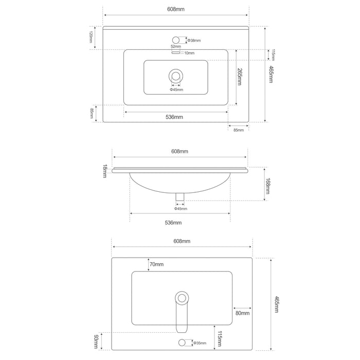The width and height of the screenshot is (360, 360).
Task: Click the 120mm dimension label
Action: pos(91,37)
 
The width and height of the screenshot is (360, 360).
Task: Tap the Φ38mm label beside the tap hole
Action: pos(194,40)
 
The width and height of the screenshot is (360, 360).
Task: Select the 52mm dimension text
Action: pos(175,47)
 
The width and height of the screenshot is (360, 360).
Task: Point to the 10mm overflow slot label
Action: pos(189,53)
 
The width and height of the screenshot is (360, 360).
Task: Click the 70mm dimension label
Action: pos(156,264)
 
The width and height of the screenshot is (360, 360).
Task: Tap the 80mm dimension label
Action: pos(242,313)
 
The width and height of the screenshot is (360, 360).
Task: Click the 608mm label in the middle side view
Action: pos(179,152)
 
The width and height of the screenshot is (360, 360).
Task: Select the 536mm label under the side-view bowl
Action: pos(173,223)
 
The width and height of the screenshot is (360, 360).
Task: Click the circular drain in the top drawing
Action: pos(176,76)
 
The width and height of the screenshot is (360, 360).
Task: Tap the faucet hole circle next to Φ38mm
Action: pos(176,39)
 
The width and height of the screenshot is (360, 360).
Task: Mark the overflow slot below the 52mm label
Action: pos(176,52)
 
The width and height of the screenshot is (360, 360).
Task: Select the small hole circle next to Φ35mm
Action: pos(182,343)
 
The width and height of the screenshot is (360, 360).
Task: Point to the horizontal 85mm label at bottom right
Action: pos(239,130)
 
